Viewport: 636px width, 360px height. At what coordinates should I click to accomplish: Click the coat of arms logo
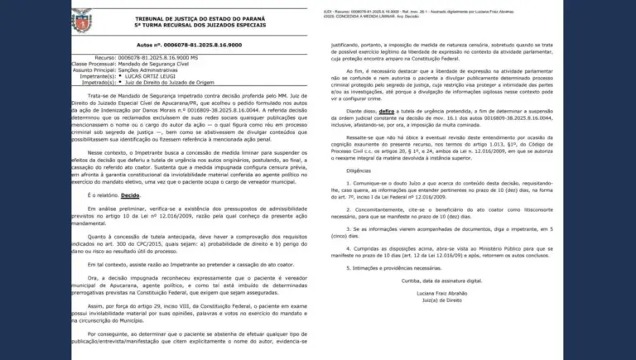[82, 17]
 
